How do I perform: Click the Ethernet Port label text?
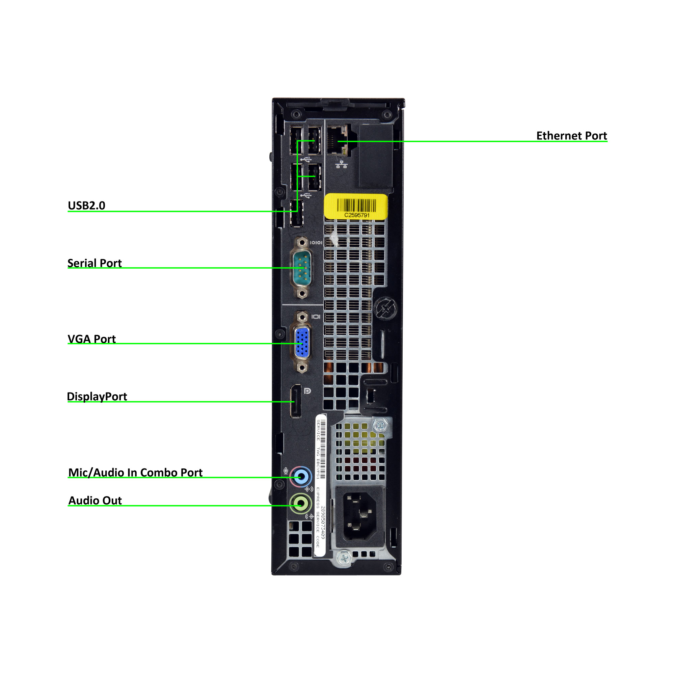(571, 136)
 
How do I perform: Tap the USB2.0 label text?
(86, 206)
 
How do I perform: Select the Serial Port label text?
(94, 263)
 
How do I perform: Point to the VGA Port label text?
(91, 339)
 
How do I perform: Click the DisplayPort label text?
(97, 397)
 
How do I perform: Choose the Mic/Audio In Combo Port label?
(135, 473)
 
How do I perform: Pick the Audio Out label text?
(95, 500)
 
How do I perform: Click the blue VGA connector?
(302, 342)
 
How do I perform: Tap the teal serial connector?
(301, 268)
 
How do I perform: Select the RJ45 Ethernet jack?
(337, 140)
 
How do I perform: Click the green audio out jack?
(300, 504)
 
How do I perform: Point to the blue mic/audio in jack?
(300, 476)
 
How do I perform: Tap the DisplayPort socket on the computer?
(296, 401)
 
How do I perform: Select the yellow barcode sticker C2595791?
(356, 207)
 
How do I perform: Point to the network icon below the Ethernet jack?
(341, 164)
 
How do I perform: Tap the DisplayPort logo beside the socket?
(307, 391)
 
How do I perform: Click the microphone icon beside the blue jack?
(286, 471)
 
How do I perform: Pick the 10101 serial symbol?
(316, 242)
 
